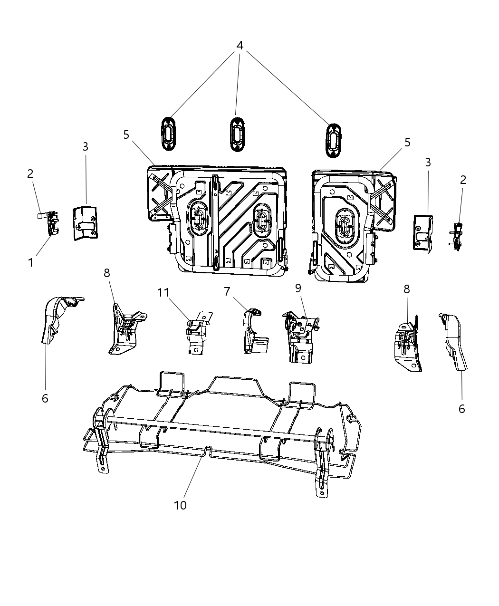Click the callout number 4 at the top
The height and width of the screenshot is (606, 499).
coord(240,46)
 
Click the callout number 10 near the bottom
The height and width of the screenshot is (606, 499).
coord(181,505)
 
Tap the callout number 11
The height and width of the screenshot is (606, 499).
coord(163,292)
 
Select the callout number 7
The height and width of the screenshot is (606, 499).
coord(227,291)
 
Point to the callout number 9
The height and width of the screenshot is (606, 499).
coord(298,288)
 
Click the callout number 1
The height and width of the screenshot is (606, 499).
coord(31,262)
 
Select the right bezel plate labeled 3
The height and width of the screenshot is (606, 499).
coord(422,231)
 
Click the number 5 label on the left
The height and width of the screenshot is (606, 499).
coord(126,135)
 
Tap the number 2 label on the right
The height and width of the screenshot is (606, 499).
coord(463,180)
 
